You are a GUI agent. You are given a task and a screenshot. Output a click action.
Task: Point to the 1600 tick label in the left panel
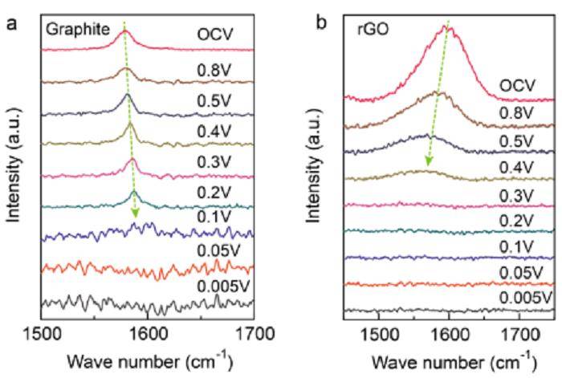coord(148,331)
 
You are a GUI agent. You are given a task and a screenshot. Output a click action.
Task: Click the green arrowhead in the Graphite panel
coord(136,213)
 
